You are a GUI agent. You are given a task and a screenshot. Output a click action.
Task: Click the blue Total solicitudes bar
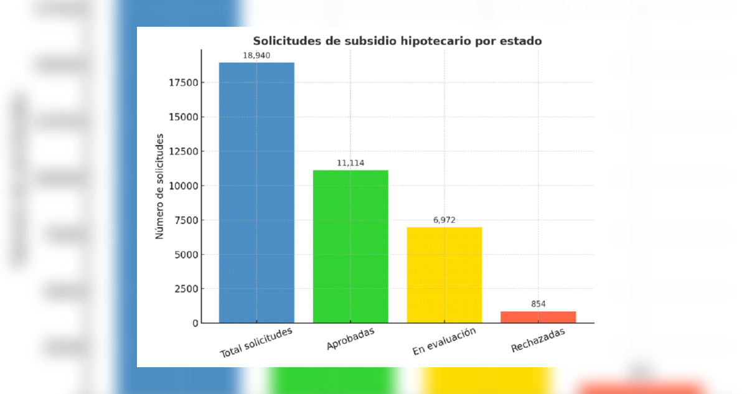[256, 193]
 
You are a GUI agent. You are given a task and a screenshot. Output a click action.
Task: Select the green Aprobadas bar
[350, 246]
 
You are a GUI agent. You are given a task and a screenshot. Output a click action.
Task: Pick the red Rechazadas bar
[538, 317]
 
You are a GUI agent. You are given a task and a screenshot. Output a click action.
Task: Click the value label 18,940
[256, 55]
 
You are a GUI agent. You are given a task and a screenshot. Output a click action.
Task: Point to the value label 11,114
[350, 163]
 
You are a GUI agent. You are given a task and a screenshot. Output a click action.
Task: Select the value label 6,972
[444, 220]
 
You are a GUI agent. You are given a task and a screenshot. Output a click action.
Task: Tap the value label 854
[538, 304]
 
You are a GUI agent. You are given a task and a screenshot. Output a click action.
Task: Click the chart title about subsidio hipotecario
[397, 41]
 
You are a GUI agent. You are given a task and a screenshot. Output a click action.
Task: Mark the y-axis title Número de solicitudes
[159, 186]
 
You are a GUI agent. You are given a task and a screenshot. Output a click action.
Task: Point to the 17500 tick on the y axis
[182, 83]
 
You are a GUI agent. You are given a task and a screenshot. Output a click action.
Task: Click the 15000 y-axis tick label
[182, 117]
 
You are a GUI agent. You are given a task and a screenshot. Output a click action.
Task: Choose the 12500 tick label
[182, 151]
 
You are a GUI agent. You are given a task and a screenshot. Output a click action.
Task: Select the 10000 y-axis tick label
[182, 185]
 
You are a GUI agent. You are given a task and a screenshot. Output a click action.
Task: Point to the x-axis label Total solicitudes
[256, 342]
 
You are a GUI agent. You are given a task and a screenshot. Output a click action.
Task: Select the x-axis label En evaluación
[444, 342]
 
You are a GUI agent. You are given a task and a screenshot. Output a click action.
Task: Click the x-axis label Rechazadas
[538, 340]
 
